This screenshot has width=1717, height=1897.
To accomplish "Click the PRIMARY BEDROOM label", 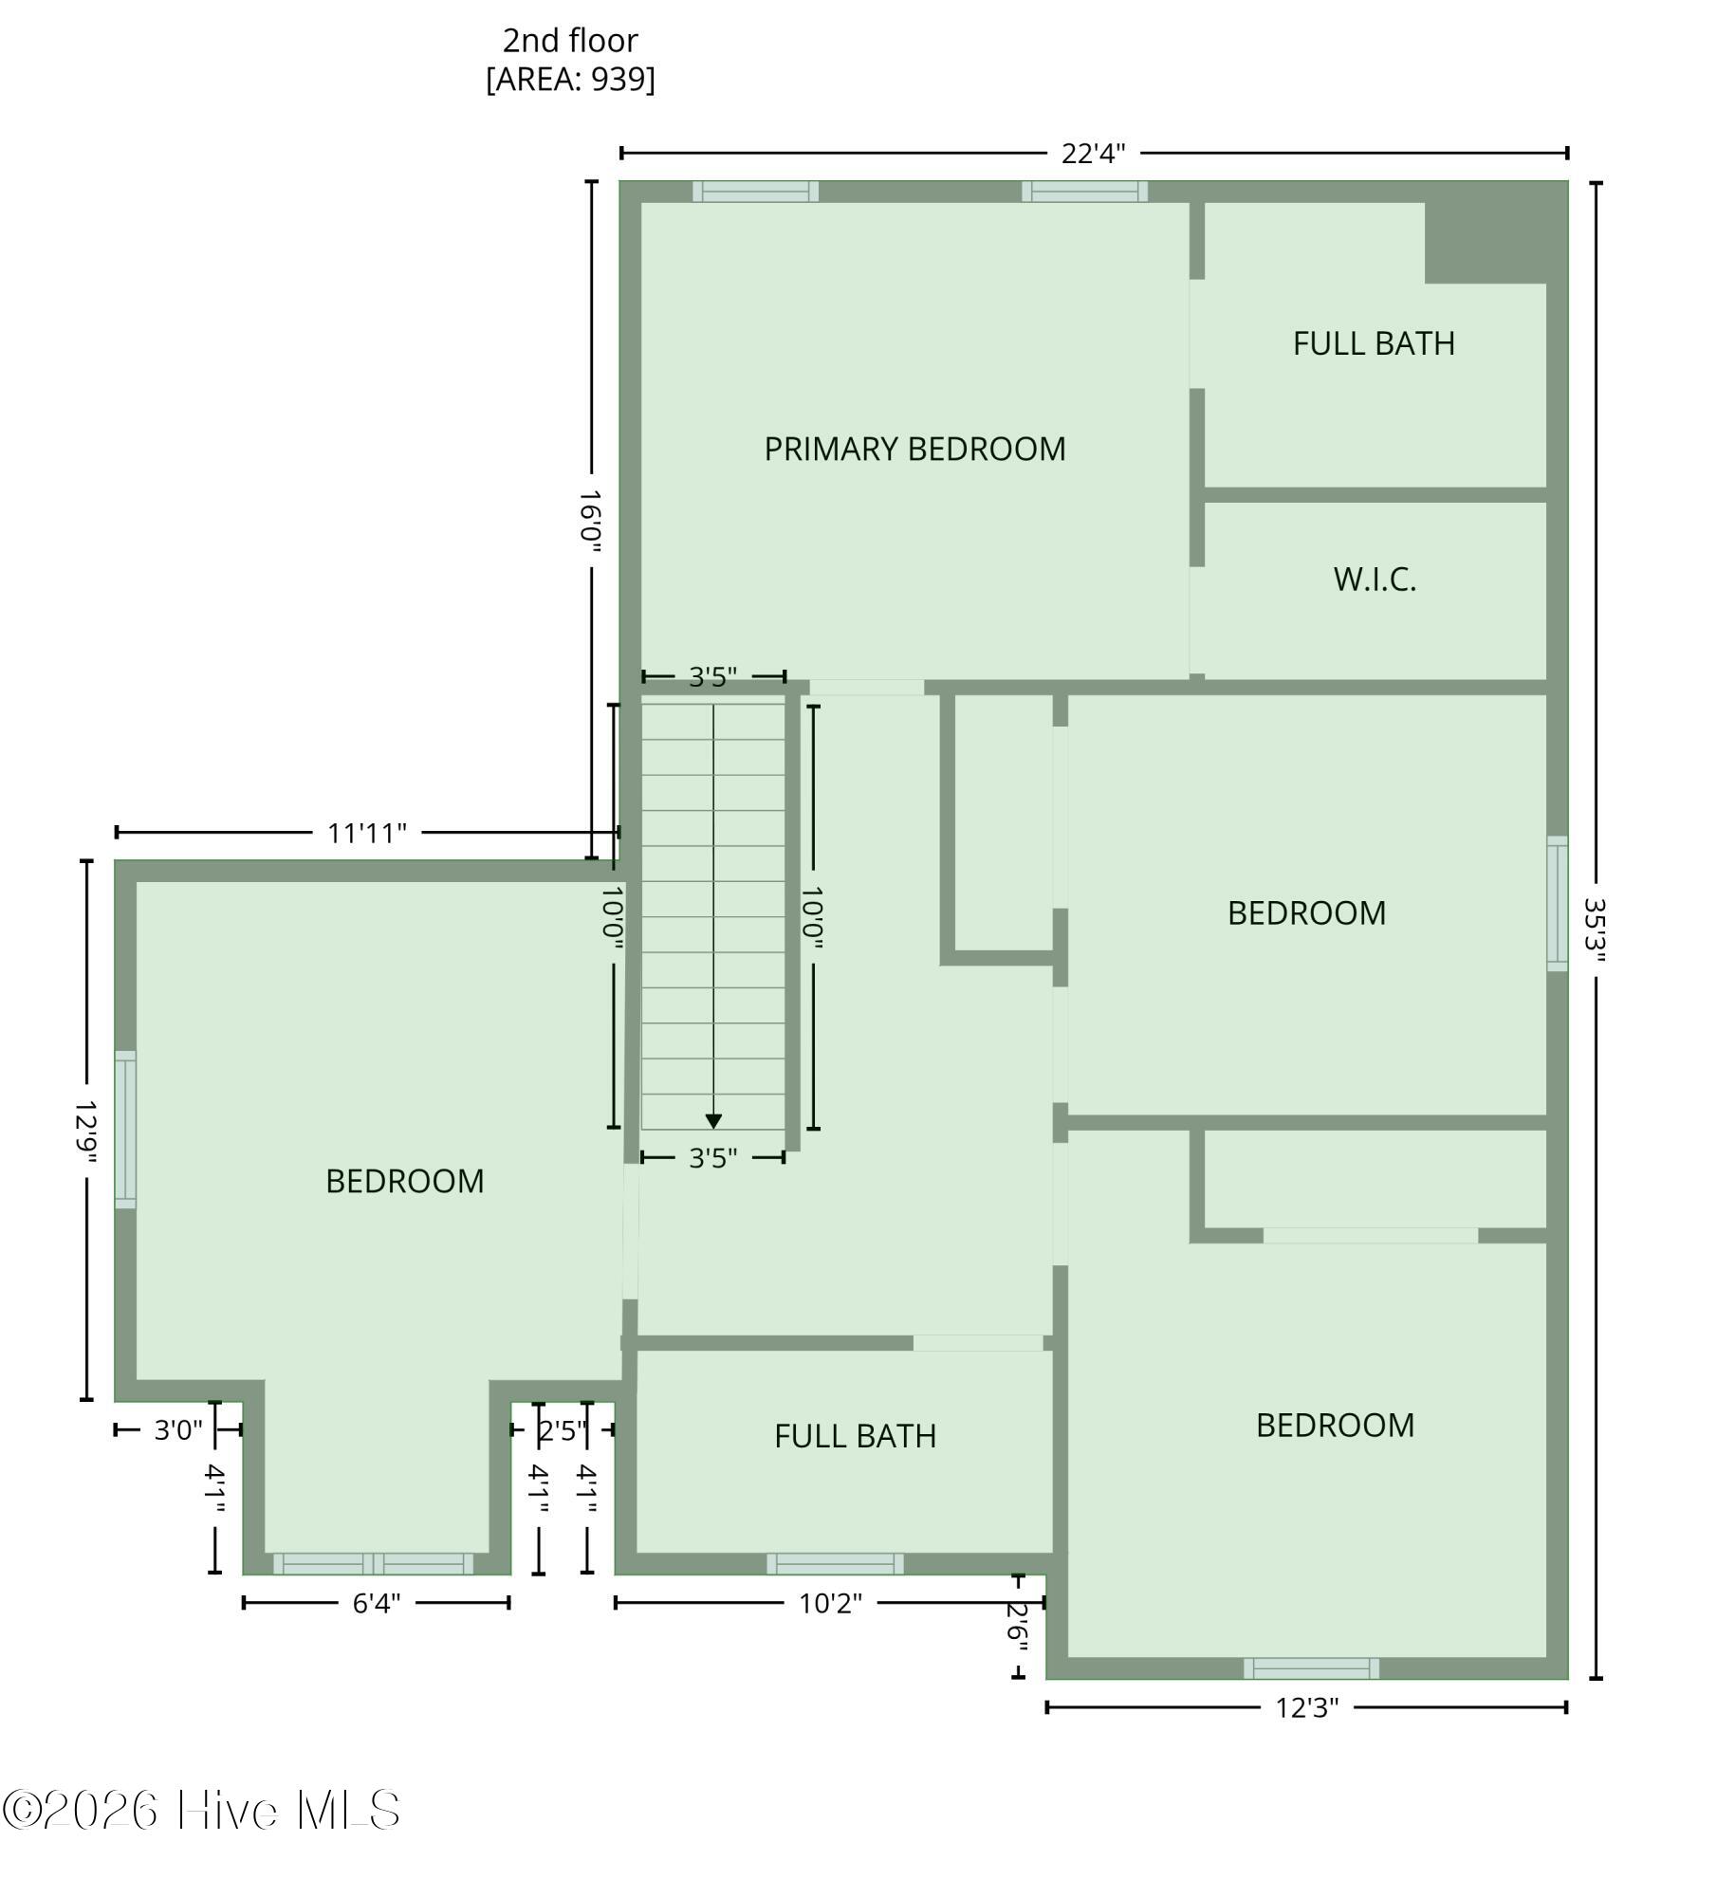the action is [914, 449].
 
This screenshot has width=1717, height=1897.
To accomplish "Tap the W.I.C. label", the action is [1375, 580].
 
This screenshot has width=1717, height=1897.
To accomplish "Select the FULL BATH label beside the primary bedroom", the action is [1374, 343].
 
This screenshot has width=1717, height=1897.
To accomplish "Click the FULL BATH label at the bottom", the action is [855, 1436].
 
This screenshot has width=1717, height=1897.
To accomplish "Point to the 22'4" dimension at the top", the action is [1093, 154].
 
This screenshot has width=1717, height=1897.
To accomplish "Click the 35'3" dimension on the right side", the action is [1596, 930].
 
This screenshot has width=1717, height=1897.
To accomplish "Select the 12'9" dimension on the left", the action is [87, 1131].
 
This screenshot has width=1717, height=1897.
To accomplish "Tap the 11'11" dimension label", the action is [367, 833].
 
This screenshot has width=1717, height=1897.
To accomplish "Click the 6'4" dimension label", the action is [377, 1603].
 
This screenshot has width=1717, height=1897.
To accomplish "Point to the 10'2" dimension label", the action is [830, 1603].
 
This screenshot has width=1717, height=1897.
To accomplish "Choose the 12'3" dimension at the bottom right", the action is [1306, 1707].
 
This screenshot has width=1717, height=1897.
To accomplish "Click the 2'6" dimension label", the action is [1018, 1628].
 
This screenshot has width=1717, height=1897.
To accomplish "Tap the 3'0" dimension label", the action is [178, 1429].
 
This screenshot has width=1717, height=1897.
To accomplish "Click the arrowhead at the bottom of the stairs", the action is [713, 1121].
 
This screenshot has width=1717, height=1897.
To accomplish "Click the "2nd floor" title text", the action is [570, 41].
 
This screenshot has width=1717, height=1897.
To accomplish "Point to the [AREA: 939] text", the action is [570, 79].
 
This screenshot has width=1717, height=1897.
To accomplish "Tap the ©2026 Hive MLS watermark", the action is [201, 1810].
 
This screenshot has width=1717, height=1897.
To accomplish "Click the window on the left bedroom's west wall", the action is [125, 1130].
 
